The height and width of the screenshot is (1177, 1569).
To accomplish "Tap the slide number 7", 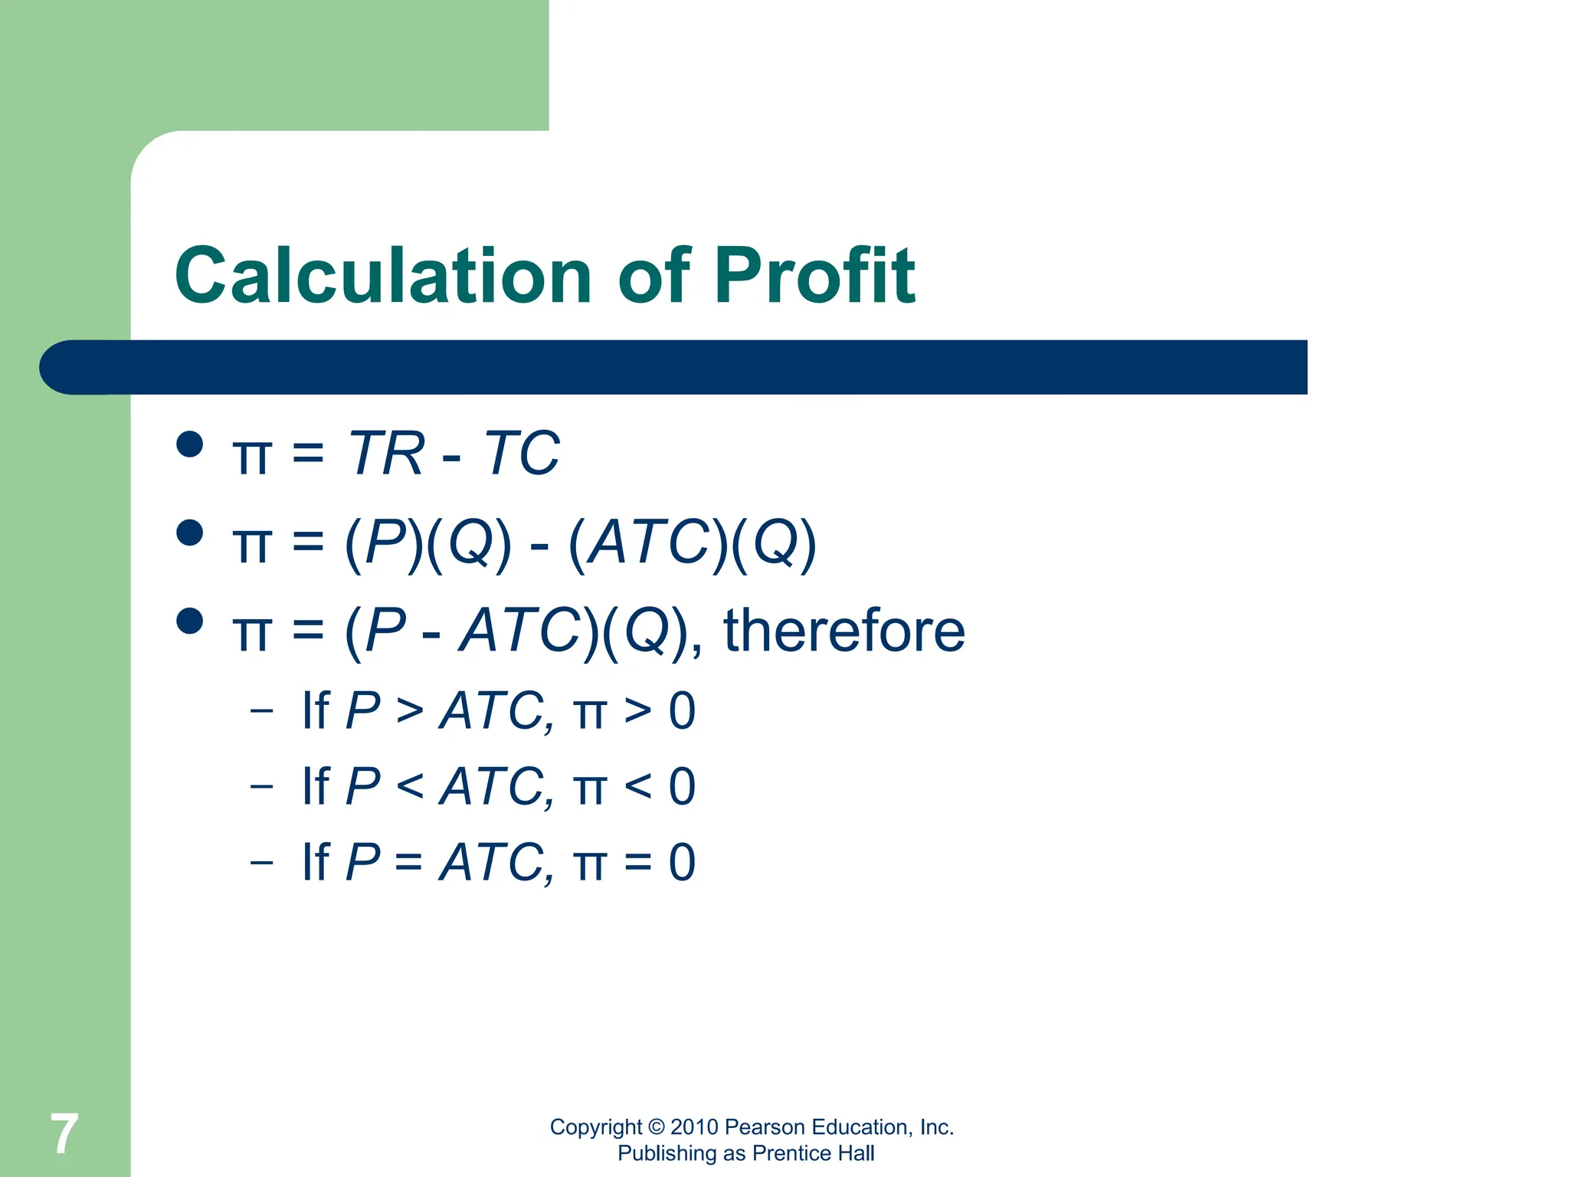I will tap(64, 1134).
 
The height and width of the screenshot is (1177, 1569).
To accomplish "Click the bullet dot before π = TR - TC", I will tap(189, 444).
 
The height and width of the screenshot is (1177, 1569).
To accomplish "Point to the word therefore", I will tap(844, 631).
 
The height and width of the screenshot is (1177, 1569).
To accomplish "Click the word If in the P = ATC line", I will tap(316, 862).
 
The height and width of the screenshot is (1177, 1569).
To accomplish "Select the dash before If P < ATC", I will tap(261, 786).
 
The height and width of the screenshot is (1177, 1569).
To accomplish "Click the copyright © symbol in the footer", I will tap(657, 1127).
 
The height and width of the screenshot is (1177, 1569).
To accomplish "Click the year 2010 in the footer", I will tap(694, 1127).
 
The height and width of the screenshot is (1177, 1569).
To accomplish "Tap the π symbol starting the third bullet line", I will tap(251, 633).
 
